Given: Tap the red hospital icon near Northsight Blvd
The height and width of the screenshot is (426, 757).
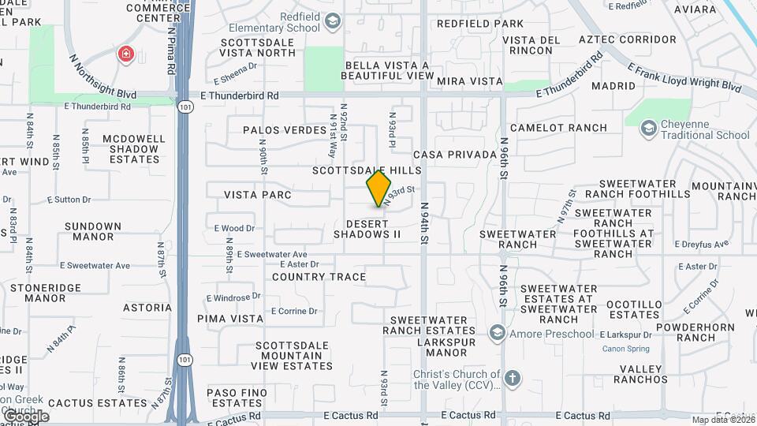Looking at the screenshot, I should coord(125,54).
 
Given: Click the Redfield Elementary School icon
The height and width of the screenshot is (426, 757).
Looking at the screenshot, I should coord(332,21).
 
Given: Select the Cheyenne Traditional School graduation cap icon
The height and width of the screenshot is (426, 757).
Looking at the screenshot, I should coord(649,128).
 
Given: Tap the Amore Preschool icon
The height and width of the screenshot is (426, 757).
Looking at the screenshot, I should coord(496,334).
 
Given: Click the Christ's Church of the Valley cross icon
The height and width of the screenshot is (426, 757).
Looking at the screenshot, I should coord(512,379).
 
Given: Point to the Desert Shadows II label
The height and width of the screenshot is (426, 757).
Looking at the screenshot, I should coord(367,229).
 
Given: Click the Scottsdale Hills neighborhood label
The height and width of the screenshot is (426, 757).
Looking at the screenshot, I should coord(367,170).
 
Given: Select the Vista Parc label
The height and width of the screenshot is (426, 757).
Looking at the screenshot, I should coord(258,195).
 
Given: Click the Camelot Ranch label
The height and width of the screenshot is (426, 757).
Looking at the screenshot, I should coord(558,128).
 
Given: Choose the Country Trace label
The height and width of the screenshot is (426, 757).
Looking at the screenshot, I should coord(319,277).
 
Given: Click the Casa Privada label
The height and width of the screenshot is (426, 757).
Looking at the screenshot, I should coord(455,155).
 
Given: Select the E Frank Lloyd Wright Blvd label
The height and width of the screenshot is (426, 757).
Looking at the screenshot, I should coord(684,77).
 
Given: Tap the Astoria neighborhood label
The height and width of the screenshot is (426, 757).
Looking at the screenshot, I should coord(147,308).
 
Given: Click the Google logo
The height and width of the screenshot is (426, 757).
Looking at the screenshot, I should coord(25,417).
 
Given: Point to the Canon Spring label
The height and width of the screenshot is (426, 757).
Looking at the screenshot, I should coord(625,349).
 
